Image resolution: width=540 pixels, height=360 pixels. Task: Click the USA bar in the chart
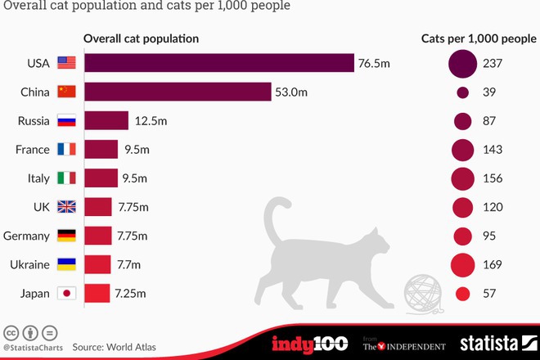(218, 63)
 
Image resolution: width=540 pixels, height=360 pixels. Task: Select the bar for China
(177, 92)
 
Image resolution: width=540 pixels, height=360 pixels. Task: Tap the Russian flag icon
(66, 121)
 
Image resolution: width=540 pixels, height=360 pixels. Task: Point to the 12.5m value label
(151, 121)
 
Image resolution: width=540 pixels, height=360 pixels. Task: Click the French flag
(66, 150)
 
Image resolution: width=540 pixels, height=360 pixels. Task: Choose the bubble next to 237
(462, 63)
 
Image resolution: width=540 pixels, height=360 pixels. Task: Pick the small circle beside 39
(462, 92)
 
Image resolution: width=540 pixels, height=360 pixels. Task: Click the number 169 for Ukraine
(493, 264)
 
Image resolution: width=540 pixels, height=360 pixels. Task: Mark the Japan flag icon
(66, 293)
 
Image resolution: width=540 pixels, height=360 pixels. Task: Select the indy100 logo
(309, 343)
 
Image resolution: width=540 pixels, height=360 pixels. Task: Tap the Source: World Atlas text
(114, 347)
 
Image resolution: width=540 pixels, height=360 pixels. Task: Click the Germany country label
(27, 236)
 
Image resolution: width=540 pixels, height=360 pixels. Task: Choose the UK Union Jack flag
(66, 207)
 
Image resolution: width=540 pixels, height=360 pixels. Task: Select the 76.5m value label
(375, 63)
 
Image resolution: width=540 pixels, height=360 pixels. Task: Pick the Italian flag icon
(66, 178)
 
